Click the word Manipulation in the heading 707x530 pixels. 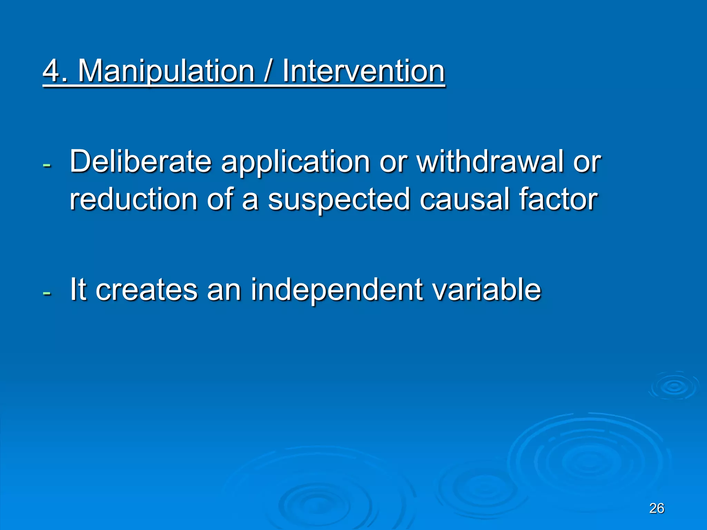(x=166, y=71)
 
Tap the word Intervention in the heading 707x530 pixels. (x=364, y=71)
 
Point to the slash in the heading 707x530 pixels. (x=268, y=71)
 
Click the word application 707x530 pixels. (x=296, y=162)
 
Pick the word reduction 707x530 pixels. (x=133, y=199)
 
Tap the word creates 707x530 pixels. (x=146, y=290)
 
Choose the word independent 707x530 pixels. (x=337, y=290)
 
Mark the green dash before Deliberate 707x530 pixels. (x=47, y=165)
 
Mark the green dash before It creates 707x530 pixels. (x=47, y=293)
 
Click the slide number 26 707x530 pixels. (x=657, y=508)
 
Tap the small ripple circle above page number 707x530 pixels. (x=674, y=386)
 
